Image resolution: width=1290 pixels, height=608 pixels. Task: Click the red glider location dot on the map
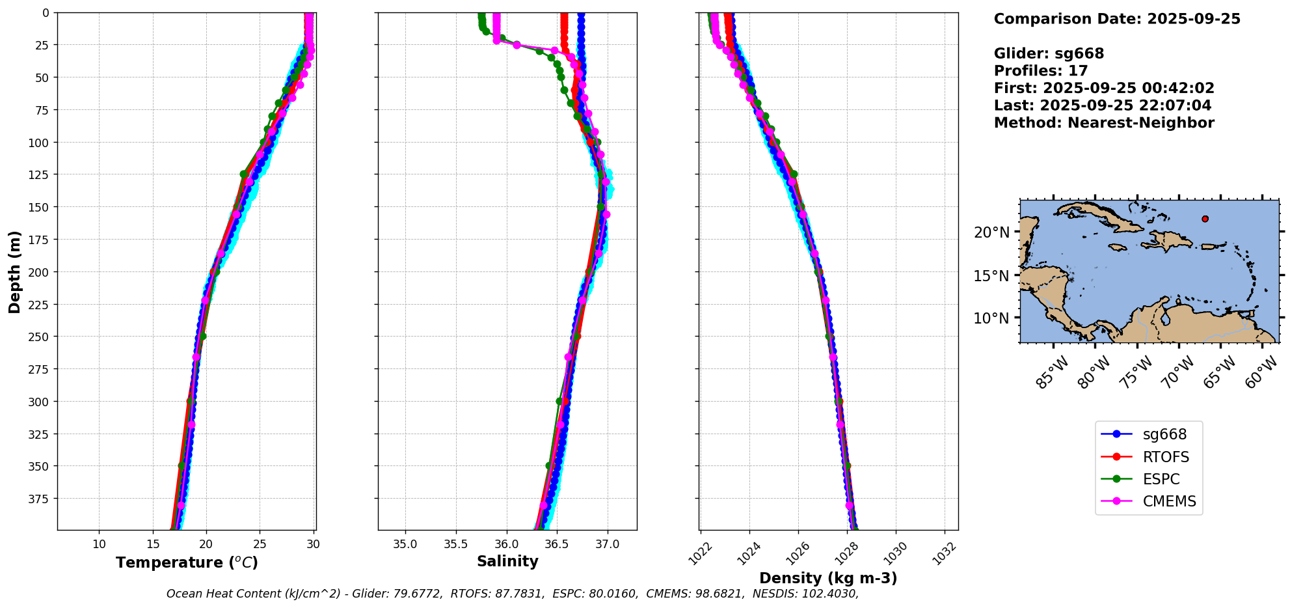(x=1205, y=219)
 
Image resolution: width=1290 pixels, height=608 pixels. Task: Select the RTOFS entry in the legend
(x=1165, y=457)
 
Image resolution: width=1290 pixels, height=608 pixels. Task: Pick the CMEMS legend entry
(x=1169, y=501)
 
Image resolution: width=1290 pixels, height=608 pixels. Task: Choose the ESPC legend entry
(x=1161, y=479)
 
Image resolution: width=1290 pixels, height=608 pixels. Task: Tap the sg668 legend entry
(x=1164, y=434)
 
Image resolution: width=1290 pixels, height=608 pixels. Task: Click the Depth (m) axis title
(x=14, y=271)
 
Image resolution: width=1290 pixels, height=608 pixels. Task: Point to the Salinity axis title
(x=507, y=561)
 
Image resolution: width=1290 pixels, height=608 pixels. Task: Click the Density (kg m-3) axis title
(x=828, y=578)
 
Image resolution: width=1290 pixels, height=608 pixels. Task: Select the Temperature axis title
(x=187, y=562)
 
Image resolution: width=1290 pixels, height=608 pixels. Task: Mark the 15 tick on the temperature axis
(x=152, y=544)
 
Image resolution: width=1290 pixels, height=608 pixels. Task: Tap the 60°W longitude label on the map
(x=1261, y=373)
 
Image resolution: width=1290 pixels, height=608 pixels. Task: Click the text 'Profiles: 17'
(x=1041, y=71)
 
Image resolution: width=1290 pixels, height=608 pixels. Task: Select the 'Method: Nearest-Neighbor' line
(x=1104, y=123)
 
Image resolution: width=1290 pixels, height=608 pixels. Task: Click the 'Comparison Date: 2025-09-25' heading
(x=1117, y=19)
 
